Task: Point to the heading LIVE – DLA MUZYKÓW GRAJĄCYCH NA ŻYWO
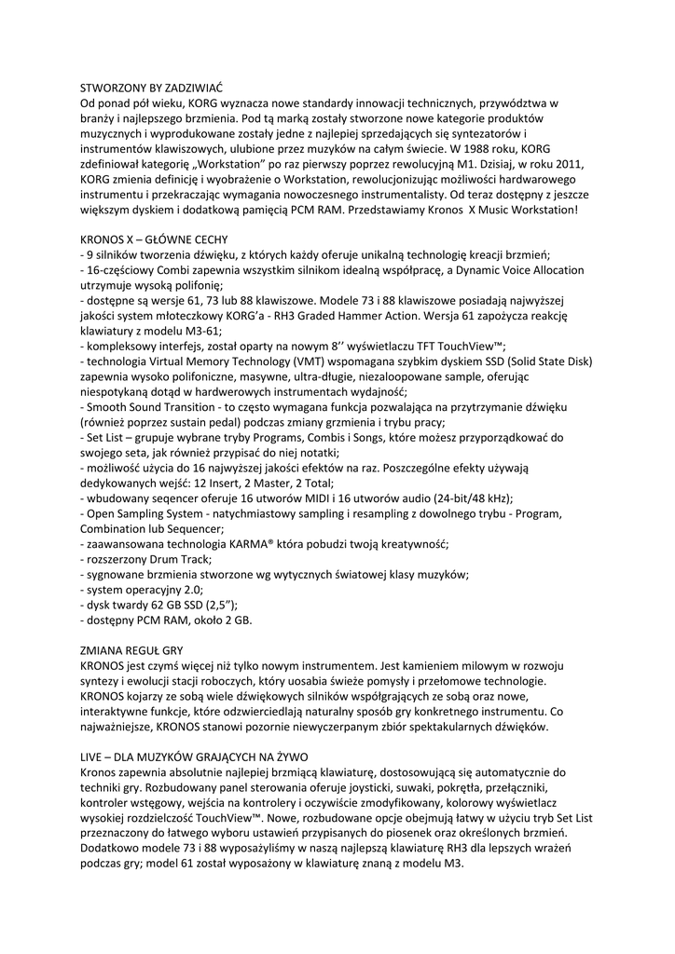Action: pos(194,757)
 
